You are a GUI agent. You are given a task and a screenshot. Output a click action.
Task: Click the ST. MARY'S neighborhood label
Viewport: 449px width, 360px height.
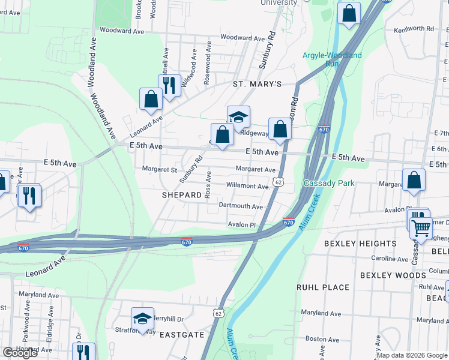click(257, 85)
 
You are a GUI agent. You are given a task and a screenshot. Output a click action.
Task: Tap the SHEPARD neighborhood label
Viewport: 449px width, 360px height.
click(181, 196)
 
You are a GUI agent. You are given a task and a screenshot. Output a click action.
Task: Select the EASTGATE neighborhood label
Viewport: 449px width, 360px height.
click(182, 334)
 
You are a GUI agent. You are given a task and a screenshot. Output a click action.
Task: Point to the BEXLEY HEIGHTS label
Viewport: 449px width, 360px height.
click(360, 244)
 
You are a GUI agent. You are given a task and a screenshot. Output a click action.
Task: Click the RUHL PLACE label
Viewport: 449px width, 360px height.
click(323, 287)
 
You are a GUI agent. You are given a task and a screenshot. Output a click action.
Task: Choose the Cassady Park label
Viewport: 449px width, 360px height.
click(329, 183)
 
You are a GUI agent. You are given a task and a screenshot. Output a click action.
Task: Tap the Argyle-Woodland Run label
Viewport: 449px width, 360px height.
click(332, 59)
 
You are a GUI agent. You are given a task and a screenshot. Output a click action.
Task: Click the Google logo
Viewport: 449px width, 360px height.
click(20, 353)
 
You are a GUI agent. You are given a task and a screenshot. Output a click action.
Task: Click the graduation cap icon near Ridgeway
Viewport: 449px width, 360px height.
click(238, 116)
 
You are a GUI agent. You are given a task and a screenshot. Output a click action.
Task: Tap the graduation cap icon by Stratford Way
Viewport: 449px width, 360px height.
click(142, 318)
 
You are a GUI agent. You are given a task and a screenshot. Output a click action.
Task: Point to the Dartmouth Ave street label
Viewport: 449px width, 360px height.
click(241, 206)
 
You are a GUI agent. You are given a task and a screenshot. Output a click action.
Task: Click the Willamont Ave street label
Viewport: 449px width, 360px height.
click(248, 186)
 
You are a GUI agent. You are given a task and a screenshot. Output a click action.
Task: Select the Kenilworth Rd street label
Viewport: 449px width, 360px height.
click(414, 29)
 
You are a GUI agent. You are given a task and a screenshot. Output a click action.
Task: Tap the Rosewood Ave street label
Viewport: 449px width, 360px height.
click(208, 62)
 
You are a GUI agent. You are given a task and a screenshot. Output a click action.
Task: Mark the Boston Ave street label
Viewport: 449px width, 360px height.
click(322, 339)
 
